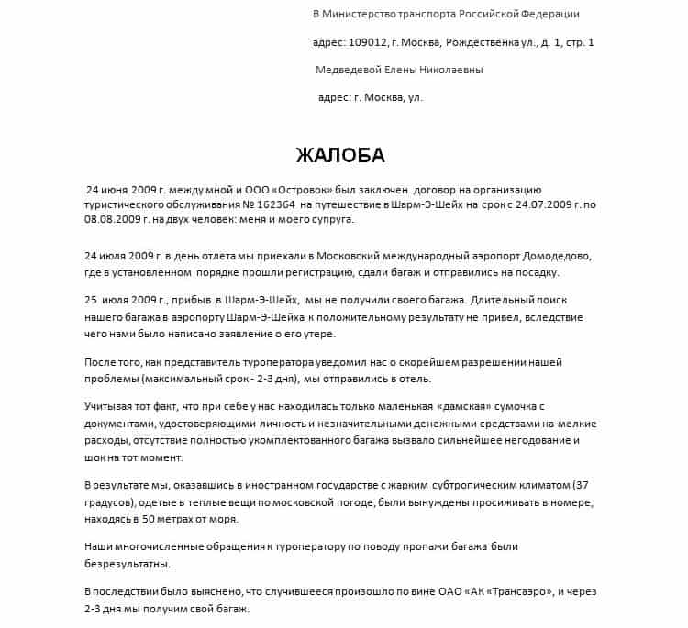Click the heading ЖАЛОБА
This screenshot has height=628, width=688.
[340, 153]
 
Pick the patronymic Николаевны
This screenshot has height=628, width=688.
[451, 71]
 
